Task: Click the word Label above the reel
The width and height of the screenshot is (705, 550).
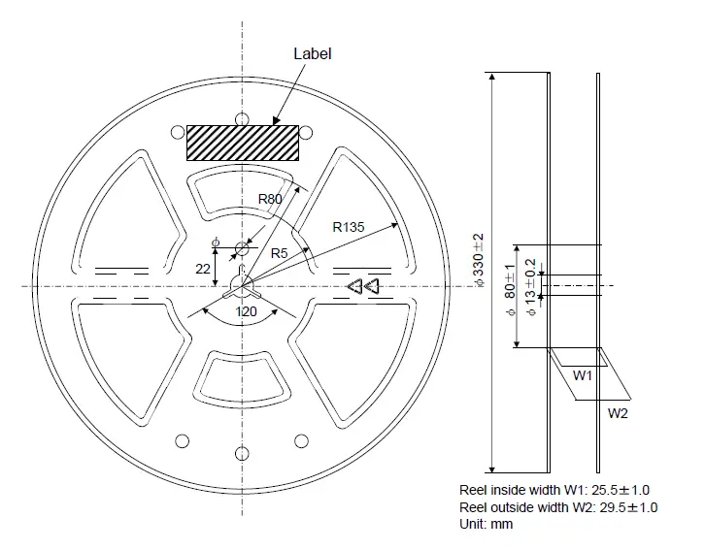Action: click(313, 53)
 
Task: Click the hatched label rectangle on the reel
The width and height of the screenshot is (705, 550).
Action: click(242, 142)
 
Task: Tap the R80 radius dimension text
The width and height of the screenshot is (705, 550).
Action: click(270, 199)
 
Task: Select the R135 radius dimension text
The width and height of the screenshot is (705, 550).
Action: click(348, 227)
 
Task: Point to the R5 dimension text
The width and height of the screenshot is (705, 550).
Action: click(279, 253)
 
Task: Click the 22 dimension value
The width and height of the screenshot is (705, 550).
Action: click(203, 269)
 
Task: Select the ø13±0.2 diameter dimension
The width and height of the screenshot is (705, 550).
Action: click(530, 287)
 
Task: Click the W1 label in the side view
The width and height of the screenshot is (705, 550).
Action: click(583, 374)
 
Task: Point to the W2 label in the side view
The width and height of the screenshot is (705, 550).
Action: click(619, 413)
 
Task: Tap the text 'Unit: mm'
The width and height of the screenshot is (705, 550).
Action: click(487, 524)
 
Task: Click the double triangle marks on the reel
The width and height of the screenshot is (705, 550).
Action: click(363, 286)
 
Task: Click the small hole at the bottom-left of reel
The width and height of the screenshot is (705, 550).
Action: click(182, 441)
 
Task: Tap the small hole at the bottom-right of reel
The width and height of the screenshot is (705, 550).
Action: click(301, 441)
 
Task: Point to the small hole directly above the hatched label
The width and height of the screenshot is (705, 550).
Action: click(242, 118)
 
